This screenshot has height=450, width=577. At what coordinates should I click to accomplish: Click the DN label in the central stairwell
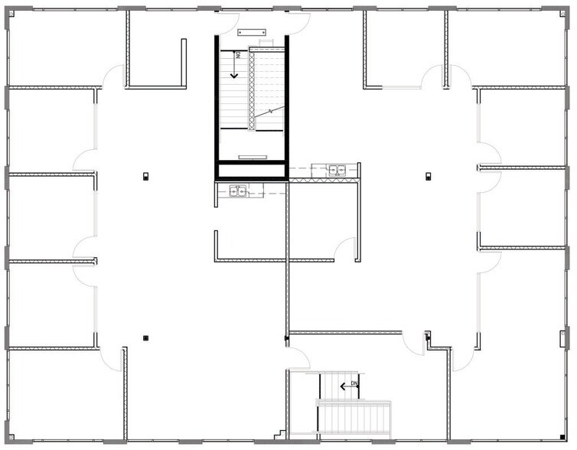pos(238,56)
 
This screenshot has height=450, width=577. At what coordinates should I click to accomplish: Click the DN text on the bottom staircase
pos(354,383)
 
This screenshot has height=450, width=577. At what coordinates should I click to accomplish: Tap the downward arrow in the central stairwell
pos(234,65)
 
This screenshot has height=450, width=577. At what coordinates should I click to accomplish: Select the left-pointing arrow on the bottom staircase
pos(349,386)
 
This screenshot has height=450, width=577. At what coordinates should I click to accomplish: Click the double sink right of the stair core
pos(337,170)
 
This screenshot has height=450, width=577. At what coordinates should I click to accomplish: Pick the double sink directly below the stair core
pos(238,191)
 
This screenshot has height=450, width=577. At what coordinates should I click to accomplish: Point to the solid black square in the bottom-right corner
pos(562,437)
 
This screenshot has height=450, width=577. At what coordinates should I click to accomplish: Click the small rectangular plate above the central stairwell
pos(251,32)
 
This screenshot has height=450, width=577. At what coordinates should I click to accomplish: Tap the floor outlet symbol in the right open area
pos(429,176)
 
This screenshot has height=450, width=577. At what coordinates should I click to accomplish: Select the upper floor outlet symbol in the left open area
pos(145,176)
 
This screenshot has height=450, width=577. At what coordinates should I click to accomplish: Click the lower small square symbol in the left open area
pos(145,337)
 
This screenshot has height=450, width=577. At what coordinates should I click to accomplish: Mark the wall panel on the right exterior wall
pos(562,338)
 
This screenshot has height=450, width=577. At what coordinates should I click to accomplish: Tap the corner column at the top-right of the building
pos(563,13)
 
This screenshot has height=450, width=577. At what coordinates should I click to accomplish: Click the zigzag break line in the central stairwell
pos(269,112)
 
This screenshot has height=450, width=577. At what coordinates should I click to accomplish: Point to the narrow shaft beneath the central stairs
pos(251,171)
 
